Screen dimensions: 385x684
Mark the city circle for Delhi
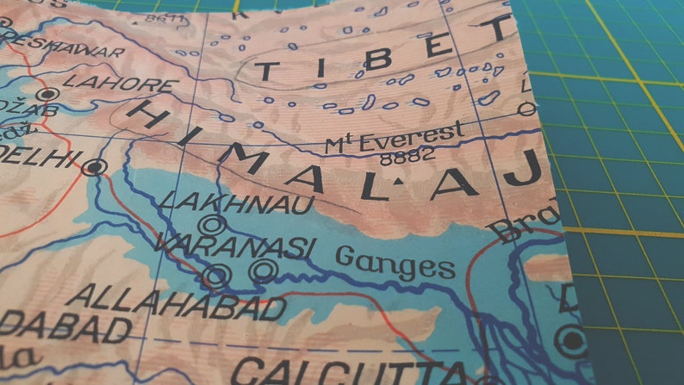[x=95, y=167]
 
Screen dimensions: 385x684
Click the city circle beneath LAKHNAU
[x=215, y=225]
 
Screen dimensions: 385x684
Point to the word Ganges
[x=395, y=261]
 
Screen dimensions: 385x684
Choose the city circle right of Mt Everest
[x=526, y=109]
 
